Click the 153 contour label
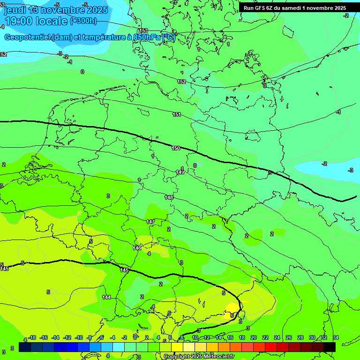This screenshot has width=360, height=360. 143,30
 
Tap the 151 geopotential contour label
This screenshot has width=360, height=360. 177,114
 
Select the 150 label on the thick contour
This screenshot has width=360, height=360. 176,148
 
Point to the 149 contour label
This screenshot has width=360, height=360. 180,172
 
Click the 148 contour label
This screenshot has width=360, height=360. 169,197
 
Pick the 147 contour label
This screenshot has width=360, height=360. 150,222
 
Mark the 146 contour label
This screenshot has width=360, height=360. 137,248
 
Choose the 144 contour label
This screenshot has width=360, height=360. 106,297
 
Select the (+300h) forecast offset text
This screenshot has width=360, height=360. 83,21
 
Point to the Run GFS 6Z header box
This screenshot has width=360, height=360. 295,8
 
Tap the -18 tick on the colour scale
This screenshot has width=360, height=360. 32,337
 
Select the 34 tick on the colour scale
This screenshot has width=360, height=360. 335,337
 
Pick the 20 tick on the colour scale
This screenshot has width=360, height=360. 253,337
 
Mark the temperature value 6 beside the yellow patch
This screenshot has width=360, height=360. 232,316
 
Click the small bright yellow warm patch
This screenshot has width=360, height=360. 232,308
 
